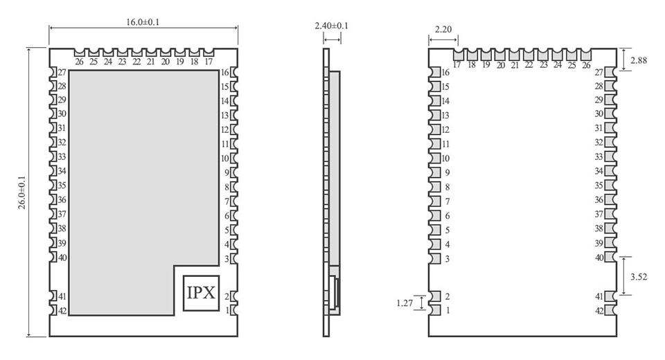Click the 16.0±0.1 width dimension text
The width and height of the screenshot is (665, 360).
tap(142, 22)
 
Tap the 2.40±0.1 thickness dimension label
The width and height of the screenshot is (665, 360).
tap(331, 26)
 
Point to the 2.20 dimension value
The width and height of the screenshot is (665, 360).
tap(443, 29)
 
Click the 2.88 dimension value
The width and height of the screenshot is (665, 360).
tap(639, 60)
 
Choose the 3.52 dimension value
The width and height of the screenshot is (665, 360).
tap(639, 276)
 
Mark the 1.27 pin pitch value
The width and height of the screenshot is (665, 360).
tap(405, 303)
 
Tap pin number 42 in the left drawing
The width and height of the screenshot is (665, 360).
tap(62, 311)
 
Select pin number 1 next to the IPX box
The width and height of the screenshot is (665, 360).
tap(227, 310)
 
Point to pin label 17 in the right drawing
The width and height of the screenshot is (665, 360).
tap(457, 65)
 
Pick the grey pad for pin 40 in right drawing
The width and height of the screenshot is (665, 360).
tap(610, 258)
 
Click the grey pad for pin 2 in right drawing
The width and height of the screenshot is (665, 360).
tap(436, 296)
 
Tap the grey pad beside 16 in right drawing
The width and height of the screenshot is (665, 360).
tap(436, 73)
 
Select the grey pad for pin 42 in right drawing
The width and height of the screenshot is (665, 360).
tap(610, 311)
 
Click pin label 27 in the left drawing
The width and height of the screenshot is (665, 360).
tap(62, 73)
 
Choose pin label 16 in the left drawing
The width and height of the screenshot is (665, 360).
tap(225, 73)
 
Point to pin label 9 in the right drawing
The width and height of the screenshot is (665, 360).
tap(447, 172)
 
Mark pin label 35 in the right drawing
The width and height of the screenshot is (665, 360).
tap(598, 186)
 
